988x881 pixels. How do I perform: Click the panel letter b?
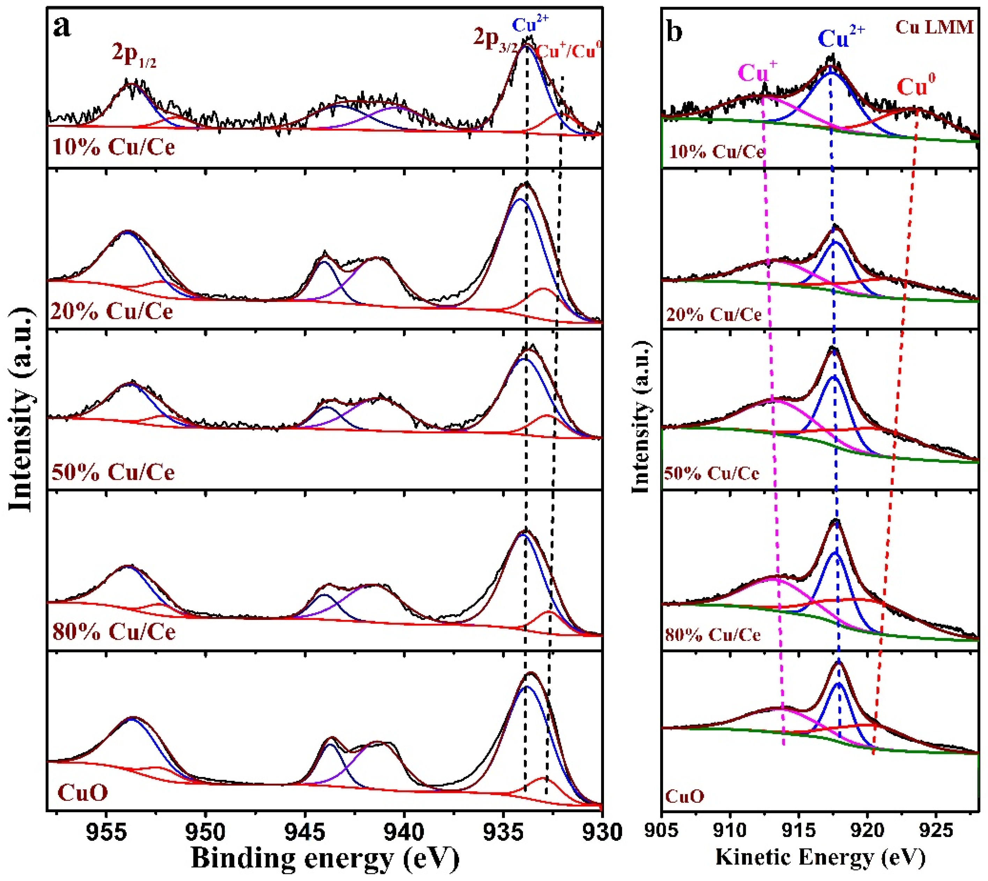[675, 32]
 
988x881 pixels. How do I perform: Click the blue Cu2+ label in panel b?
[841, 37]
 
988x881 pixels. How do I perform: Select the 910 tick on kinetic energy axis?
[730, 832]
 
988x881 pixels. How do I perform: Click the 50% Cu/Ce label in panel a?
[113, 472]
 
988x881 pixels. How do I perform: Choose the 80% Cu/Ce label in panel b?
[712, 635]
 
